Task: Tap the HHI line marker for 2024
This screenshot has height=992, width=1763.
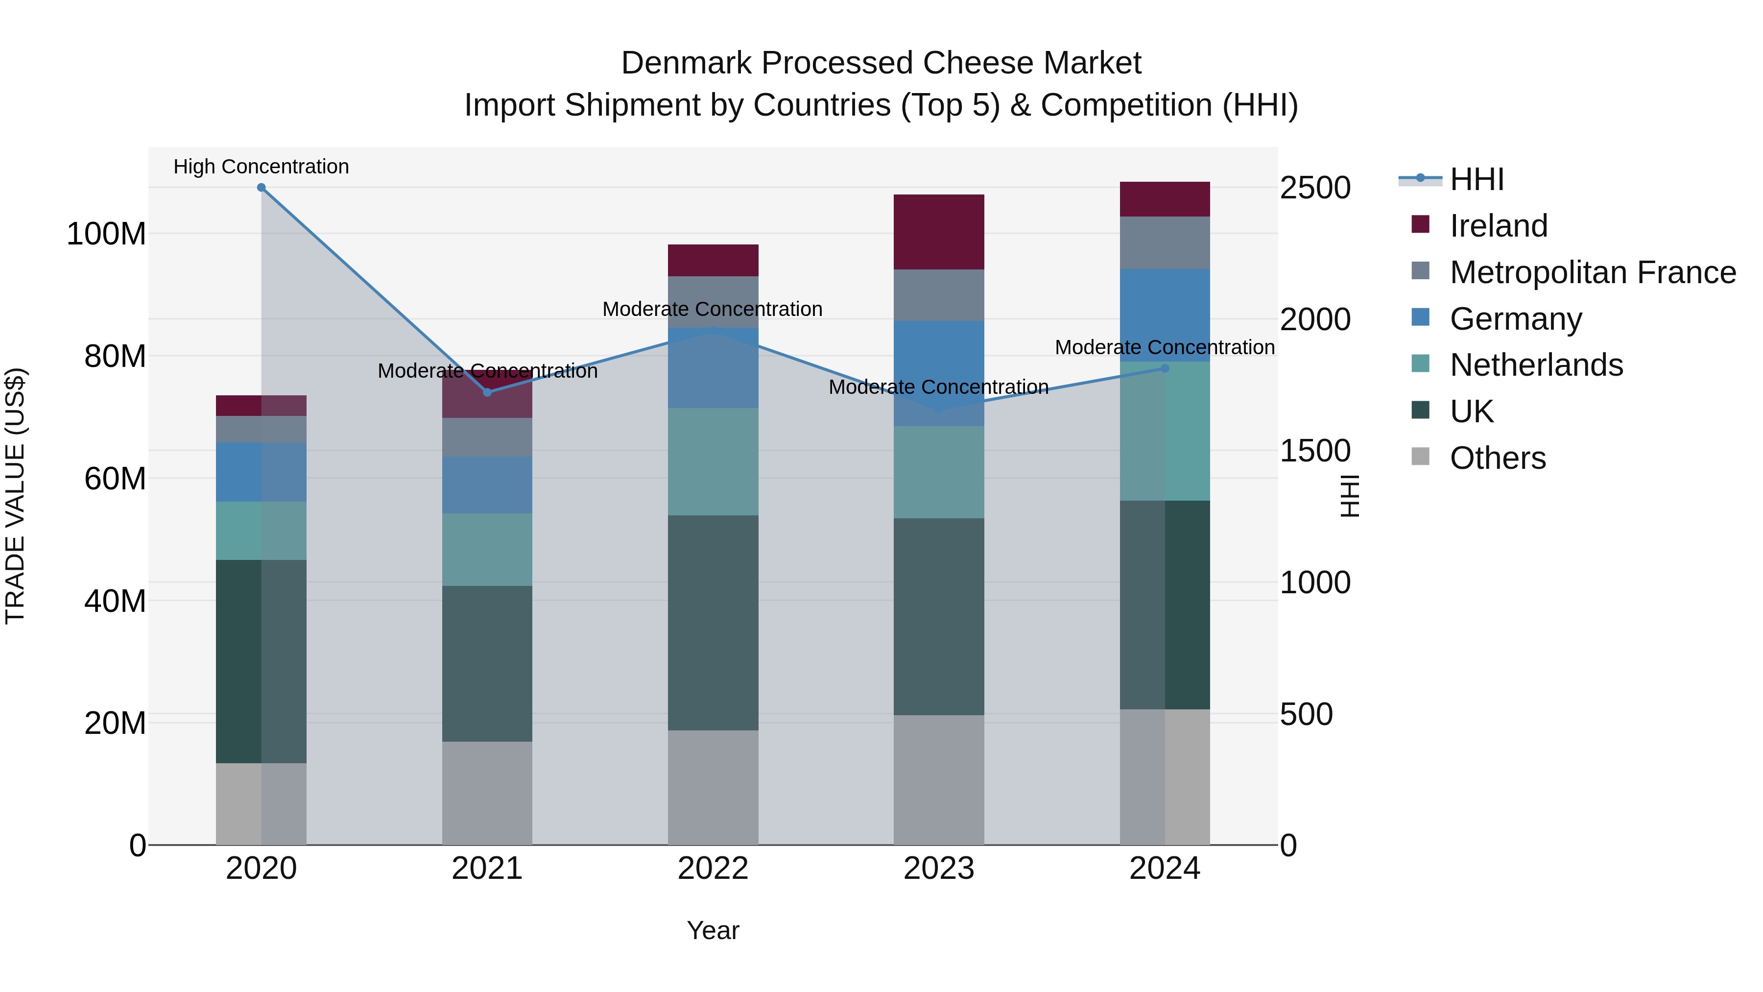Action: pos(1165,368)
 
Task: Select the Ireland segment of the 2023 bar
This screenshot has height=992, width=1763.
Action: pos(938,232)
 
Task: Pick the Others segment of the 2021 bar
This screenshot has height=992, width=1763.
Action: pos(487,793)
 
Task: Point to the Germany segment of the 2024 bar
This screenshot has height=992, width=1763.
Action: pos(1165,315)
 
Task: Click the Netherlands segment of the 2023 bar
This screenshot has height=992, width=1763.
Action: pos(938,472)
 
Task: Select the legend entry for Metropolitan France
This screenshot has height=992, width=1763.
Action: pos(1592,272)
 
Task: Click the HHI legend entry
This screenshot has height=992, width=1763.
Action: pos(1476,179)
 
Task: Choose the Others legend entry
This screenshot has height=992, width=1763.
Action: pos(1497,458)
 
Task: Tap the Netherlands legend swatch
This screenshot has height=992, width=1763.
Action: pos(1421,364)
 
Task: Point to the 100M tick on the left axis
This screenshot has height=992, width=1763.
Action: pos(106,234)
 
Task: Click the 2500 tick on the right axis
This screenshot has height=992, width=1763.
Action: pos(1315,188)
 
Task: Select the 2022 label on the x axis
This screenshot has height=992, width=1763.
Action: pos(713,869)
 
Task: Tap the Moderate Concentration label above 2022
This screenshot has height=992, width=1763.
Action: pos(712,309)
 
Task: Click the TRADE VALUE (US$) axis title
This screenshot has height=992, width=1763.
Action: pos(15,496)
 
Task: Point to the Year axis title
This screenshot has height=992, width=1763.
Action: pos(713,930)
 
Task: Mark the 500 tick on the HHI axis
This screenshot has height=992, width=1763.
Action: pos(1306,714)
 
